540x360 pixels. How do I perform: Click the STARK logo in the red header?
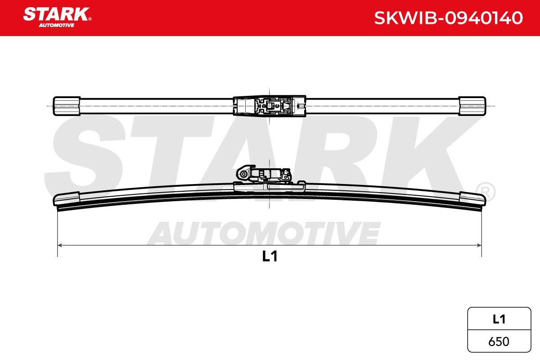[57, 17]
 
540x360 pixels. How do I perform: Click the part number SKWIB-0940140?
[448, 18]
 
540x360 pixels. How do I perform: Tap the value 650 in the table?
[499, 342]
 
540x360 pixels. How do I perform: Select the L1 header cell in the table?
[499, 319]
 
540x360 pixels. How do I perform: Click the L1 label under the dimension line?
[270, 256]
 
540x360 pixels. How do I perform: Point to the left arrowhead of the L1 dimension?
[60, 245]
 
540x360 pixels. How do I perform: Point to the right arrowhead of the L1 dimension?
[479, 245]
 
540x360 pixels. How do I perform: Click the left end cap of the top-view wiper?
[67, 106]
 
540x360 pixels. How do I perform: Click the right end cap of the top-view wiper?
[472, 106]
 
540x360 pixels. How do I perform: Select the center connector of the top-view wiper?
[269, 106]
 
